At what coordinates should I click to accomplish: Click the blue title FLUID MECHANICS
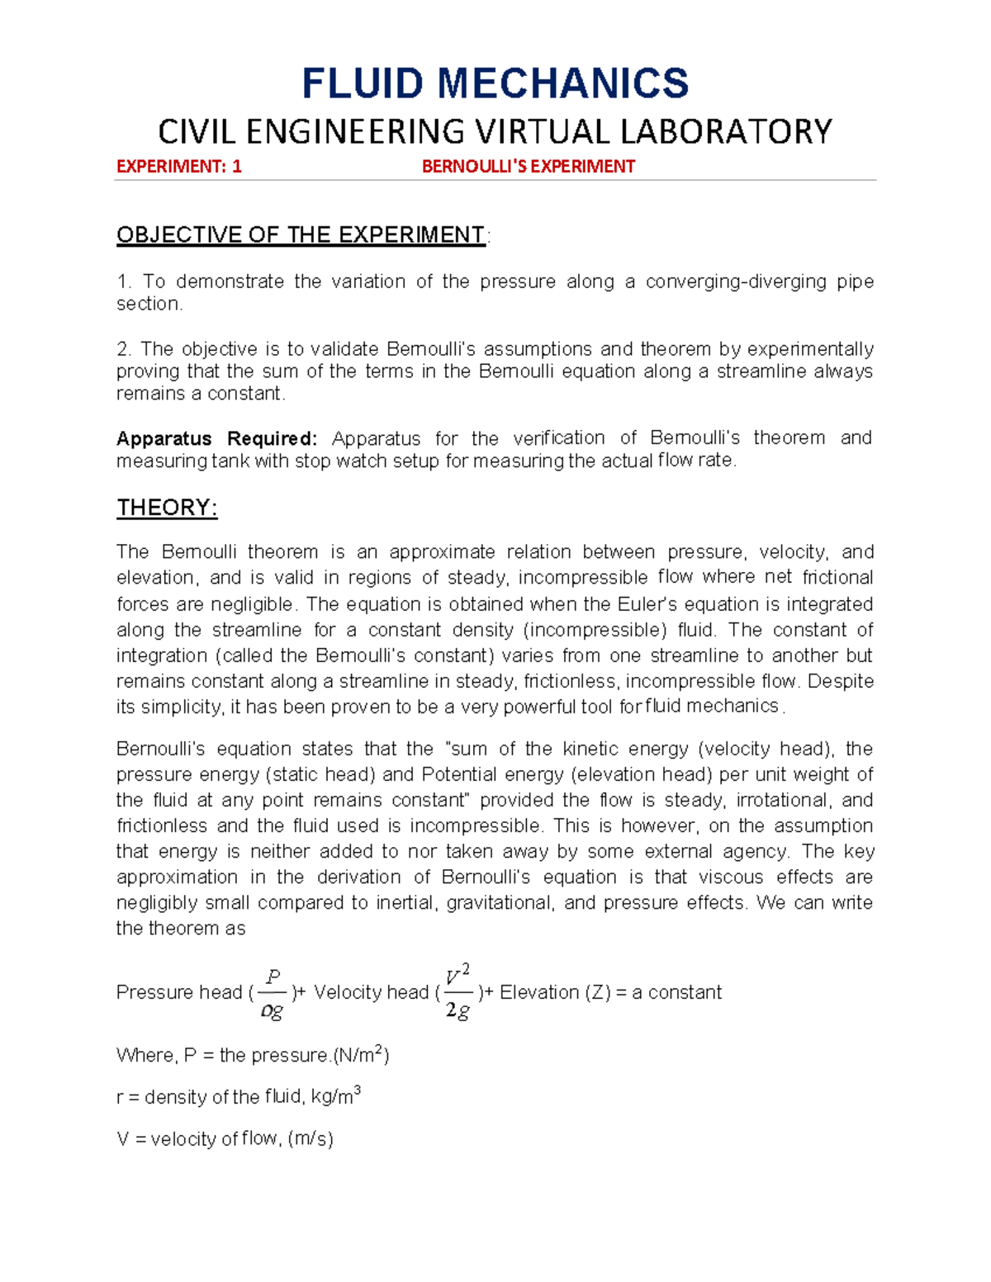(495, 83)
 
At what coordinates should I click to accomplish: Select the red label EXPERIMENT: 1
(178, 167)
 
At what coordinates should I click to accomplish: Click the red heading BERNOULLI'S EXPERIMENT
(528, 167)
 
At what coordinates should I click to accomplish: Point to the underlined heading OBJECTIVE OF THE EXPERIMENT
(301, 235)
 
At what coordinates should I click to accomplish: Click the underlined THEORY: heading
(167, 508)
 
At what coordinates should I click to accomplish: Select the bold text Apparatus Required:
(216, 438)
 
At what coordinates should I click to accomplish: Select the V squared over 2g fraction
(458, 991)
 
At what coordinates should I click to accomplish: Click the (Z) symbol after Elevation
(598, 992)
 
